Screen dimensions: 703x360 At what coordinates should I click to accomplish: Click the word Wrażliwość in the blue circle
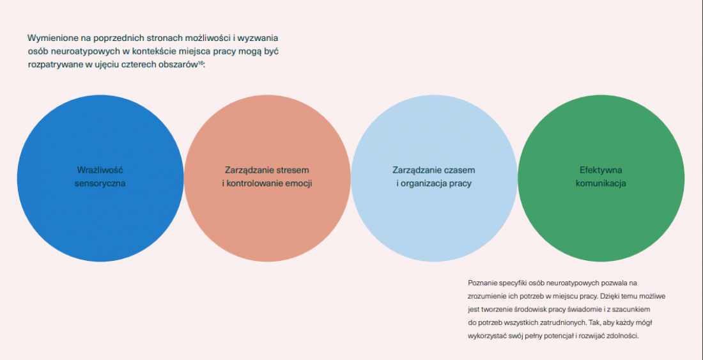pyautogui.click(x=100, y=170)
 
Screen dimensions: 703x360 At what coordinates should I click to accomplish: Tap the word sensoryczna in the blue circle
pyautogui.click(x=100, y=184)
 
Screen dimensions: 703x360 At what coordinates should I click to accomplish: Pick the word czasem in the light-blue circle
pyautogui.click(x=459, y=170)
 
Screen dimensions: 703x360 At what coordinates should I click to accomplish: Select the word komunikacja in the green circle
pyautogui.click(x=601, y=184)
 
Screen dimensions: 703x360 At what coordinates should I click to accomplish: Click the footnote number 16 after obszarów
pyautogui.click(x=201, y=62)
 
